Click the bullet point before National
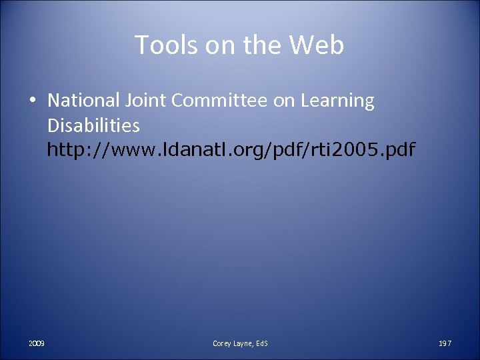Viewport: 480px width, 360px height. [32, 101]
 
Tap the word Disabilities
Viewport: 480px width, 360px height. [94, 125]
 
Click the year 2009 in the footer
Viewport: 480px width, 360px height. [37, 343]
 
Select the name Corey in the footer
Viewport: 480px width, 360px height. [222, 343]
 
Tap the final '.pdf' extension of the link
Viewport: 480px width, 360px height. [397, 151]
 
